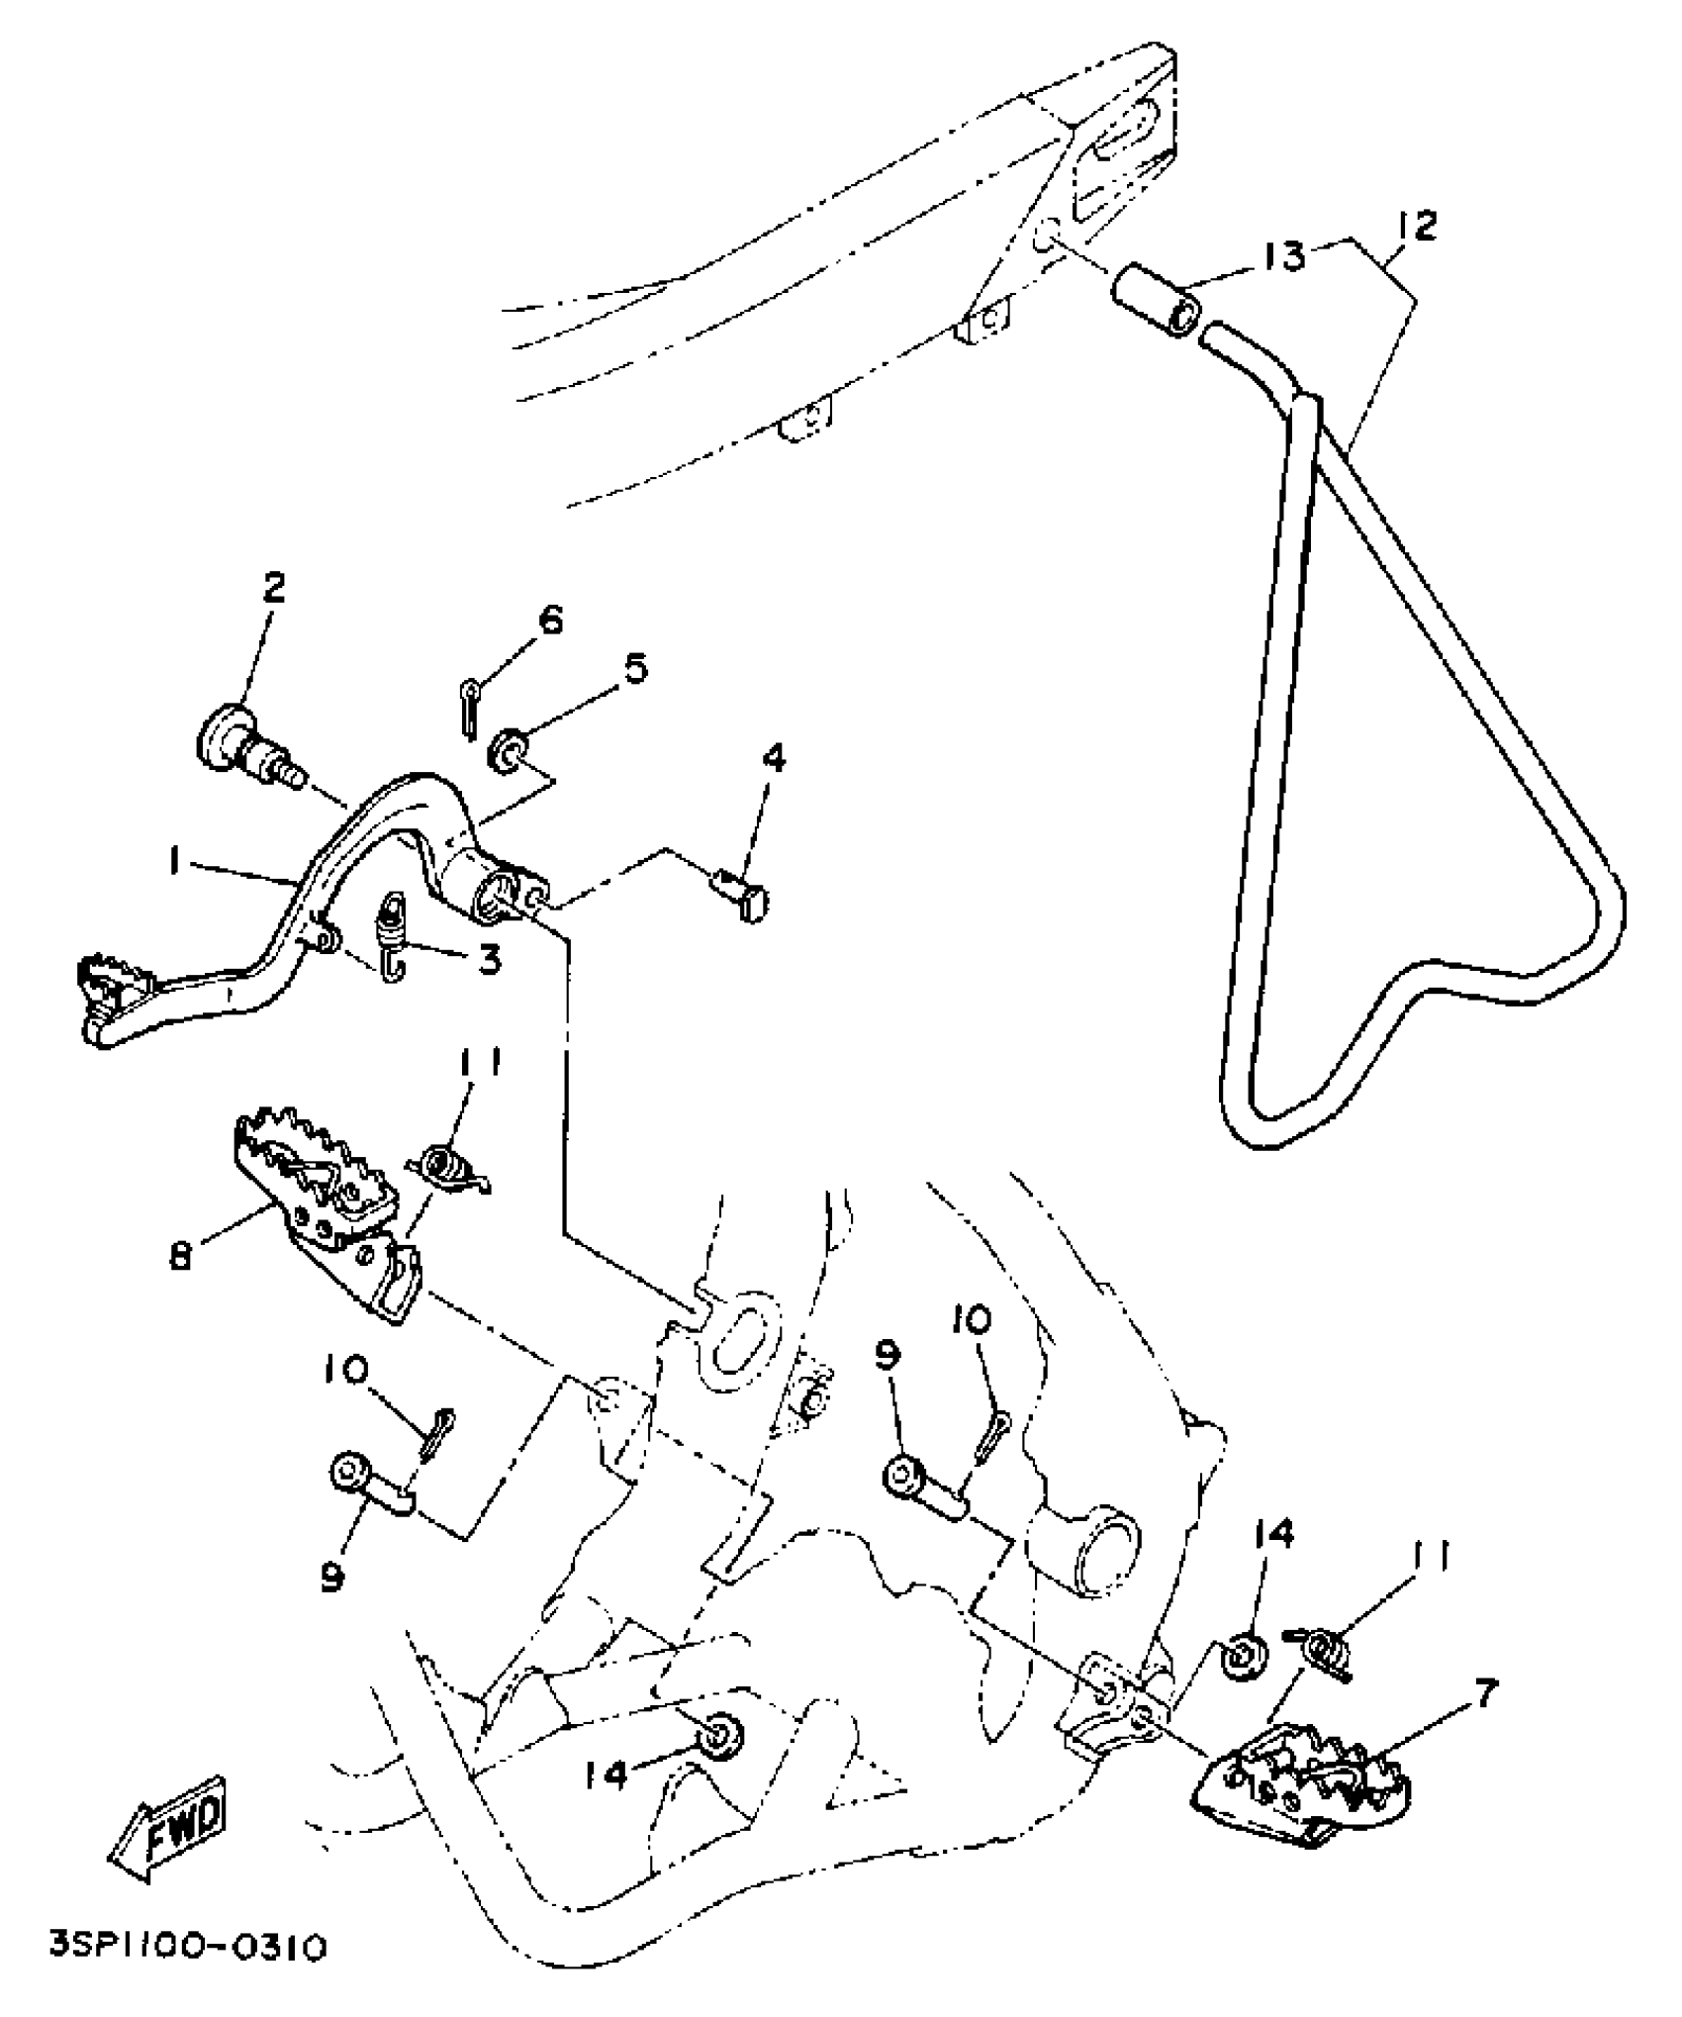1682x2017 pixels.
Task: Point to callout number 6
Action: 550,621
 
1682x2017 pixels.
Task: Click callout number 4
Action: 774,759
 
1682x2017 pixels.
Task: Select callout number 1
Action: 175,863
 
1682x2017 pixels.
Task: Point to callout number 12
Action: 1417,227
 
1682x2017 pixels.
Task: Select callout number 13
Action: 1284,255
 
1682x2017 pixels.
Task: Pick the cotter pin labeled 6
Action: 470,705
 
